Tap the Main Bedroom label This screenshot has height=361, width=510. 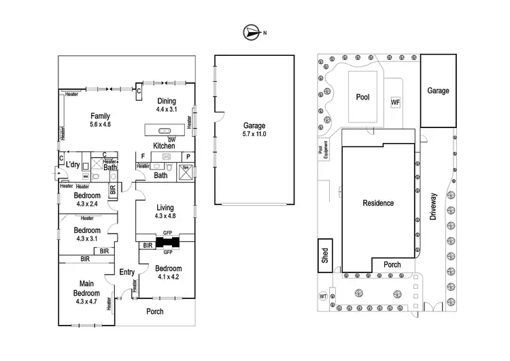pos(86,289)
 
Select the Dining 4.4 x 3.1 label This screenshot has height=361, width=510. pos(166,105)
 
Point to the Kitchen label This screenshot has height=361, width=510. pos(165,146)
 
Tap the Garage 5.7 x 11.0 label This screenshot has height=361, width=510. pos(254,129)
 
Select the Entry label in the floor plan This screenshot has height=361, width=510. pos(127,272)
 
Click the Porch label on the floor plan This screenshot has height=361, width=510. pos(156,311)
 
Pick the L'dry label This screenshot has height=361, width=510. pos(73,164)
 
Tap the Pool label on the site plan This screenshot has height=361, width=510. pos(362,97)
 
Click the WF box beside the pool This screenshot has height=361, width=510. pos(395,102)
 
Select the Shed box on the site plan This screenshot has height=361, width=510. pos(324,255)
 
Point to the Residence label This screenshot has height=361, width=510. pos(377,203)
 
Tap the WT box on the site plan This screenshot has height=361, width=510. pos(322,297)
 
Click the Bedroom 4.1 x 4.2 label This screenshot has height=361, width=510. pos(167,272)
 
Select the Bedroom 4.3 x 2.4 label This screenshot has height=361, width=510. pos(87,199)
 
